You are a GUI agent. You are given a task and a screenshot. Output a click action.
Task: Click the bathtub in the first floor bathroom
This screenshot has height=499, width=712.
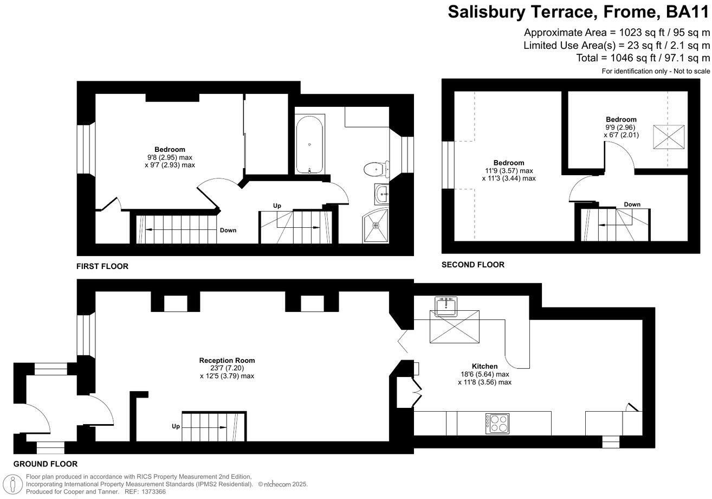point(309,144)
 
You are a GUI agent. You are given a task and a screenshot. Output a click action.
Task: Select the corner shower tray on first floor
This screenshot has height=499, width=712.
point(376,225)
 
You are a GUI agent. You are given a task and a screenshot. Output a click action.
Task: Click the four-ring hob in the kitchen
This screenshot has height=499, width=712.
point(497,423)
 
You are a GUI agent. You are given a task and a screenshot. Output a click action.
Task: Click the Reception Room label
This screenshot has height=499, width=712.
point(226,360)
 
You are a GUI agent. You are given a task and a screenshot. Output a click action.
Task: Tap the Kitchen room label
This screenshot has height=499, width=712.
point(484,366)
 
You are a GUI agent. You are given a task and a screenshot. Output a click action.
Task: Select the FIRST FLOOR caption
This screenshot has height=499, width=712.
point(102,266)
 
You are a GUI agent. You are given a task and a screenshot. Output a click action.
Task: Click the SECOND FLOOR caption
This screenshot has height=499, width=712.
point(472,265)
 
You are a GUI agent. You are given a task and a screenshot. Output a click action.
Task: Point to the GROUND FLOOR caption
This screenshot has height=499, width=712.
point(45,464)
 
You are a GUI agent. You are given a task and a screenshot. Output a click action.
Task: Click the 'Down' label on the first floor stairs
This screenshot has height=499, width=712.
point(228,230)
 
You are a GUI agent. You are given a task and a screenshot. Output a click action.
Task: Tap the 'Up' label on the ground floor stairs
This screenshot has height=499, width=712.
point(176,426)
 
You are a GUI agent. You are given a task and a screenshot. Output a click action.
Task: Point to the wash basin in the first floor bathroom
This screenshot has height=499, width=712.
point(382,193)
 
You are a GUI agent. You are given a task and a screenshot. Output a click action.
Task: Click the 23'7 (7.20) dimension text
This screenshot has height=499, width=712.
point(226,368)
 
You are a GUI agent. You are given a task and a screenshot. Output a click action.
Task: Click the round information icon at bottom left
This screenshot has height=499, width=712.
point(12,483)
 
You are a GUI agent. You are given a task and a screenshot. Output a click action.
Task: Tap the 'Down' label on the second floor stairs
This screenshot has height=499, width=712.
point(632,204)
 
